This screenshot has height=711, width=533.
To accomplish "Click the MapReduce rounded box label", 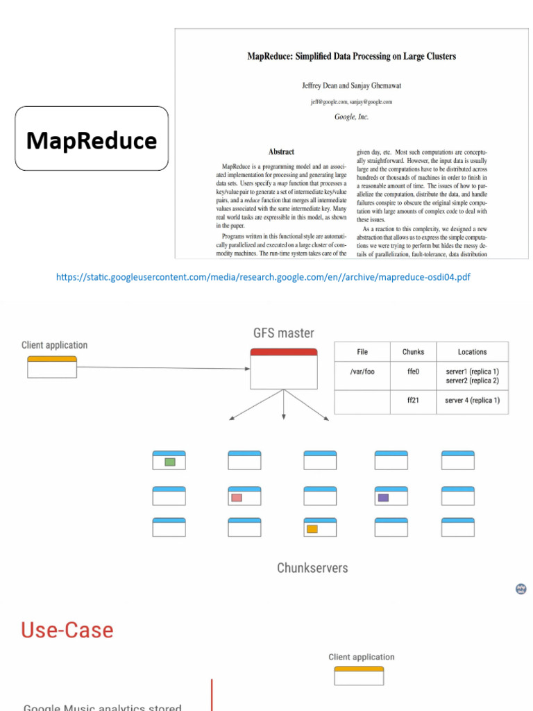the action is (92, 141).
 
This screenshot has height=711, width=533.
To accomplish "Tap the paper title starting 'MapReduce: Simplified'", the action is (352, 56).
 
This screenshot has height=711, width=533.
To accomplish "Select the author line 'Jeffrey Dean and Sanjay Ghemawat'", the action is (351, 85).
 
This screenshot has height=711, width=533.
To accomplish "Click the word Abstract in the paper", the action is (281, 151).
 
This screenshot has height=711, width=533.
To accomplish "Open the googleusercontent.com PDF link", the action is (263, 278).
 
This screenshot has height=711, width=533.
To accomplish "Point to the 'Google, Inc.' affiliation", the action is (351, 117).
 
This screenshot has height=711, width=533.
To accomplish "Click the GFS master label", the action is (283, 333).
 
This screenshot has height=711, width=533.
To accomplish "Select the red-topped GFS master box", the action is (283, 369).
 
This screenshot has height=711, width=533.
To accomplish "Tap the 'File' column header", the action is (362, 352).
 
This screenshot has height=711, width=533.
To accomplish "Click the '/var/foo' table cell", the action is (362, 372).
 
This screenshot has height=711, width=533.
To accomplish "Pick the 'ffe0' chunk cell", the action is (413, 372).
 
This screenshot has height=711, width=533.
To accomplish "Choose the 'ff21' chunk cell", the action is (413, 401).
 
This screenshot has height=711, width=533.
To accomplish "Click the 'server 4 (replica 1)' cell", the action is (472, 401).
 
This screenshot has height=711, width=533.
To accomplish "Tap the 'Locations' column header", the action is (472, 352).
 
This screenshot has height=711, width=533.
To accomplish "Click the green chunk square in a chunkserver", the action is (169, 462).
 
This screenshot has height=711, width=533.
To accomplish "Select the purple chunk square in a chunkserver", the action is (383, 497).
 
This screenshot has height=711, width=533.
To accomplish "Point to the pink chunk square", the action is (237, 497).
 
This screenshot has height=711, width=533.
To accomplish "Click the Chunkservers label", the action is (312, 568).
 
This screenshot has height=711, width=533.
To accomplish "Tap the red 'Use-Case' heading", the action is (67, 630).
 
